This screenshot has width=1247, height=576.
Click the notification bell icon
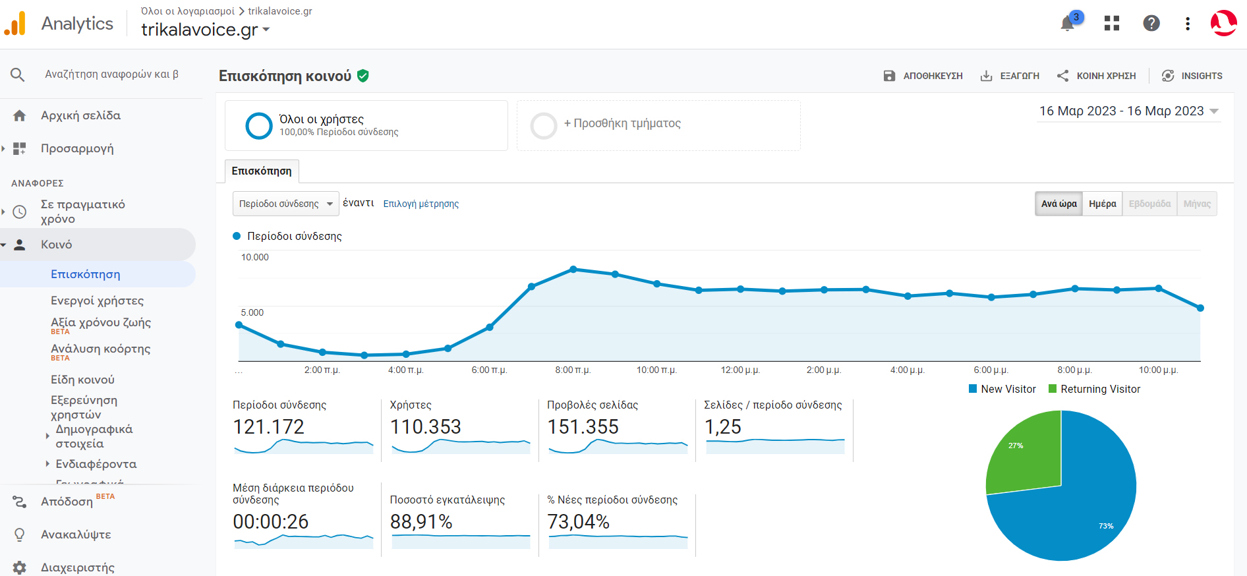coord(1067,24)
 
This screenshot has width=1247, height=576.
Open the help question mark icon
coord(1151,24)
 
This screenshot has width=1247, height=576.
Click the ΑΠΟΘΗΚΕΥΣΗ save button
coord(923,76)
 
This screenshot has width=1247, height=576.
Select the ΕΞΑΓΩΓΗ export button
coord(1010,76)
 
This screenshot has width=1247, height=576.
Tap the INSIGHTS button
coord(1192,76)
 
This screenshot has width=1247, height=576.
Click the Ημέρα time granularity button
coord(1102,204)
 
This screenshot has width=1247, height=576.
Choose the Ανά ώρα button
coord(1058,204)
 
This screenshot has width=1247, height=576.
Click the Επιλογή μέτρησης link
coord(420,204)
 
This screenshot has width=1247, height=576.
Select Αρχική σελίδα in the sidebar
coord(80,115)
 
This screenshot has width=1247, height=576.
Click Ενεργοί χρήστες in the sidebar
coord(97,301)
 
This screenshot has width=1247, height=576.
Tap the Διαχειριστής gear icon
coord(20,567)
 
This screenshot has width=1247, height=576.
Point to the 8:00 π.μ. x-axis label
coord(573,370)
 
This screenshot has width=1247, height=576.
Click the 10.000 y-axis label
coord(254,257)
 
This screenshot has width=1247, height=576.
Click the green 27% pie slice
coord(1025,455)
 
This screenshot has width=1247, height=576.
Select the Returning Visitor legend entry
coord(1099,389)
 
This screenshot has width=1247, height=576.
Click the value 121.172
coord(268,427)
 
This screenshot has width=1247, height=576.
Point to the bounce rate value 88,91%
coord(420,522)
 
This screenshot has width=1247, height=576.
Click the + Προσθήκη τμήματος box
coord(658,125)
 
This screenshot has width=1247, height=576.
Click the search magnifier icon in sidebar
coord(18,74)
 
